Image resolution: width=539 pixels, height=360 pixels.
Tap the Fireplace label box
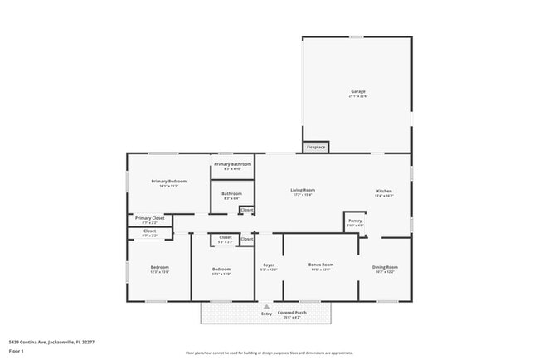tap(316, 147)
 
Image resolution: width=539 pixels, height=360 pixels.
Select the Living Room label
tap(303, 192)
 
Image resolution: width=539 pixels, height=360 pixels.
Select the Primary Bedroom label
tap(168, 182)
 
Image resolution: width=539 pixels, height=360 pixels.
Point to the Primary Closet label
tap(150, 220)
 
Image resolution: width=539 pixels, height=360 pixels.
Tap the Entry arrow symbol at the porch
tap(266, 307)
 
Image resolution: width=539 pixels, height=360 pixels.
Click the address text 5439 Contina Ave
tap(51, 342)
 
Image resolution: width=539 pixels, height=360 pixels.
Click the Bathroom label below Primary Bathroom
tap(231, 196)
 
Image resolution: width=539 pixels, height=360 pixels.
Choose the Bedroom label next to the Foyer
tap(221, 270)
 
